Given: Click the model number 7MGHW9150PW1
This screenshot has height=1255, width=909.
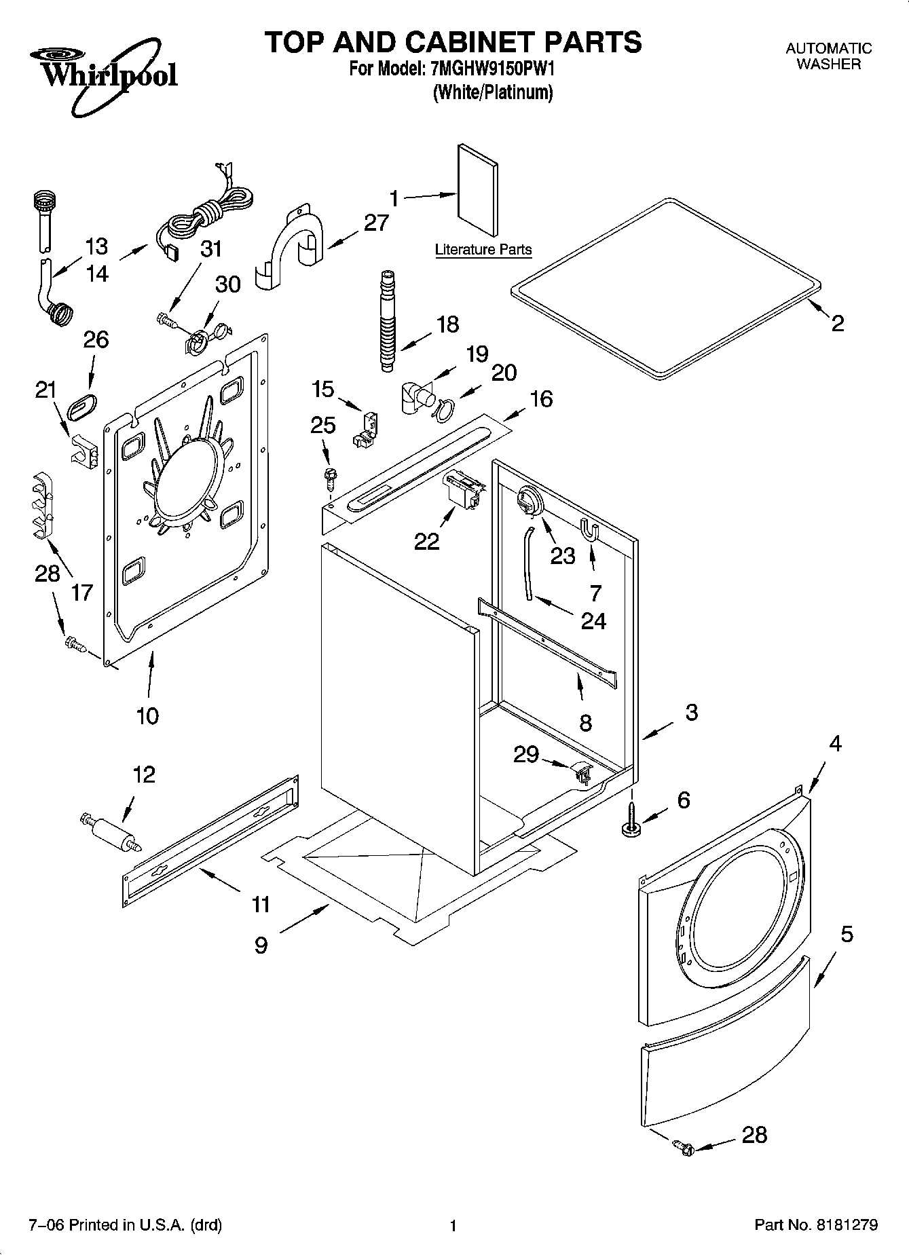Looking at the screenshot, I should (x=492, y=69).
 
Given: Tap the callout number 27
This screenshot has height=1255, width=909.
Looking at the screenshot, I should (x=377, y=223).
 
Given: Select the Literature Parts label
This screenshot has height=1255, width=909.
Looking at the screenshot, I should (x=483, y=250).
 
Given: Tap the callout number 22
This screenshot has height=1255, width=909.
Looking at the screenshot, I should (x=427, y=541).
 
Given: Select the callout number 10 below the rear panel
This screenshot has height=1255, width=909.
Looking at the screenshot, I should (x=147, y=715).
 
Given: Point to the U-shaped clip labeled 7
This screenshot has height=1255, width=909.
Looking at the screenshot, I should (x=590, y=529).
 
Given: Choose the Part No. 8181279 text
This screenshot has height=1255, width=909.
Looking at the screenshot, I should (x=816, y=1225).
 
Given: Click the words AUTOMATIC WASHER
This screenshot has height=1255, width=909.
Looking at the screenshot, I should (x=828, y=56).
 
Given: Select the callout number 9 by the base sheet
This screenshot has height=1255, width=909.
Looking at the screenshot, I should (x=261, y=945).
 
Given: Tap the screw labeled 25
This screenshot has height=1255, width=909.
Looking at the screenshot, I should (x=331, y=477).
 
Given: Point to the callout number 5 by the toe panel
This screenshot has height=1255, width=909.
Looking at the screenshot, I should (x=847, y=934).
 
